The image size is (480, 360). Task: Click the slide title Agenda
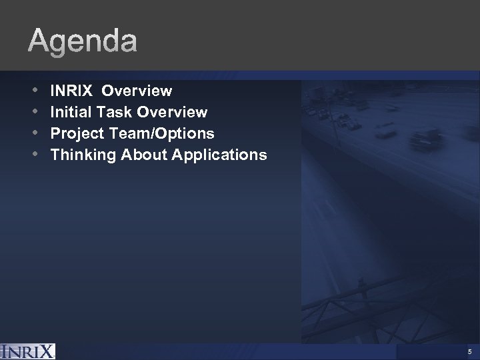[83, 42]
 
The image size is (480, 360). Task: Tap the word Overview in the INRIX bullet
[137, 90]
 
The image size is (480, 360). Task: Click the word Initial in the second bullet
[71, 112]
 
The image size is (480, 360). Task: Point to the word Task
[113, 112]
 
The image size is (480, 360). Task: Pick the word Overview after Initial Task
[172, 112]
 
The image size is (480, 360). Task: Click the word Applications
[220, 155]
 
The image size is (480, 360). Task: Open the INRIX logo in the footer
[28, 351]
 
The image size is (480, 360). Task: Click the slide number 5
[470, 352]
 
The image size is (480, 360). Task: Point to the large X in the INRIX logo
[46, 351]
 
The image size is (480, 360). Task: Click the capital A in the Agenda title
[38, 42]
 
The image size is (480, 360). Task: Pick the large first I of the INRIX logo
[5, 351]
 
